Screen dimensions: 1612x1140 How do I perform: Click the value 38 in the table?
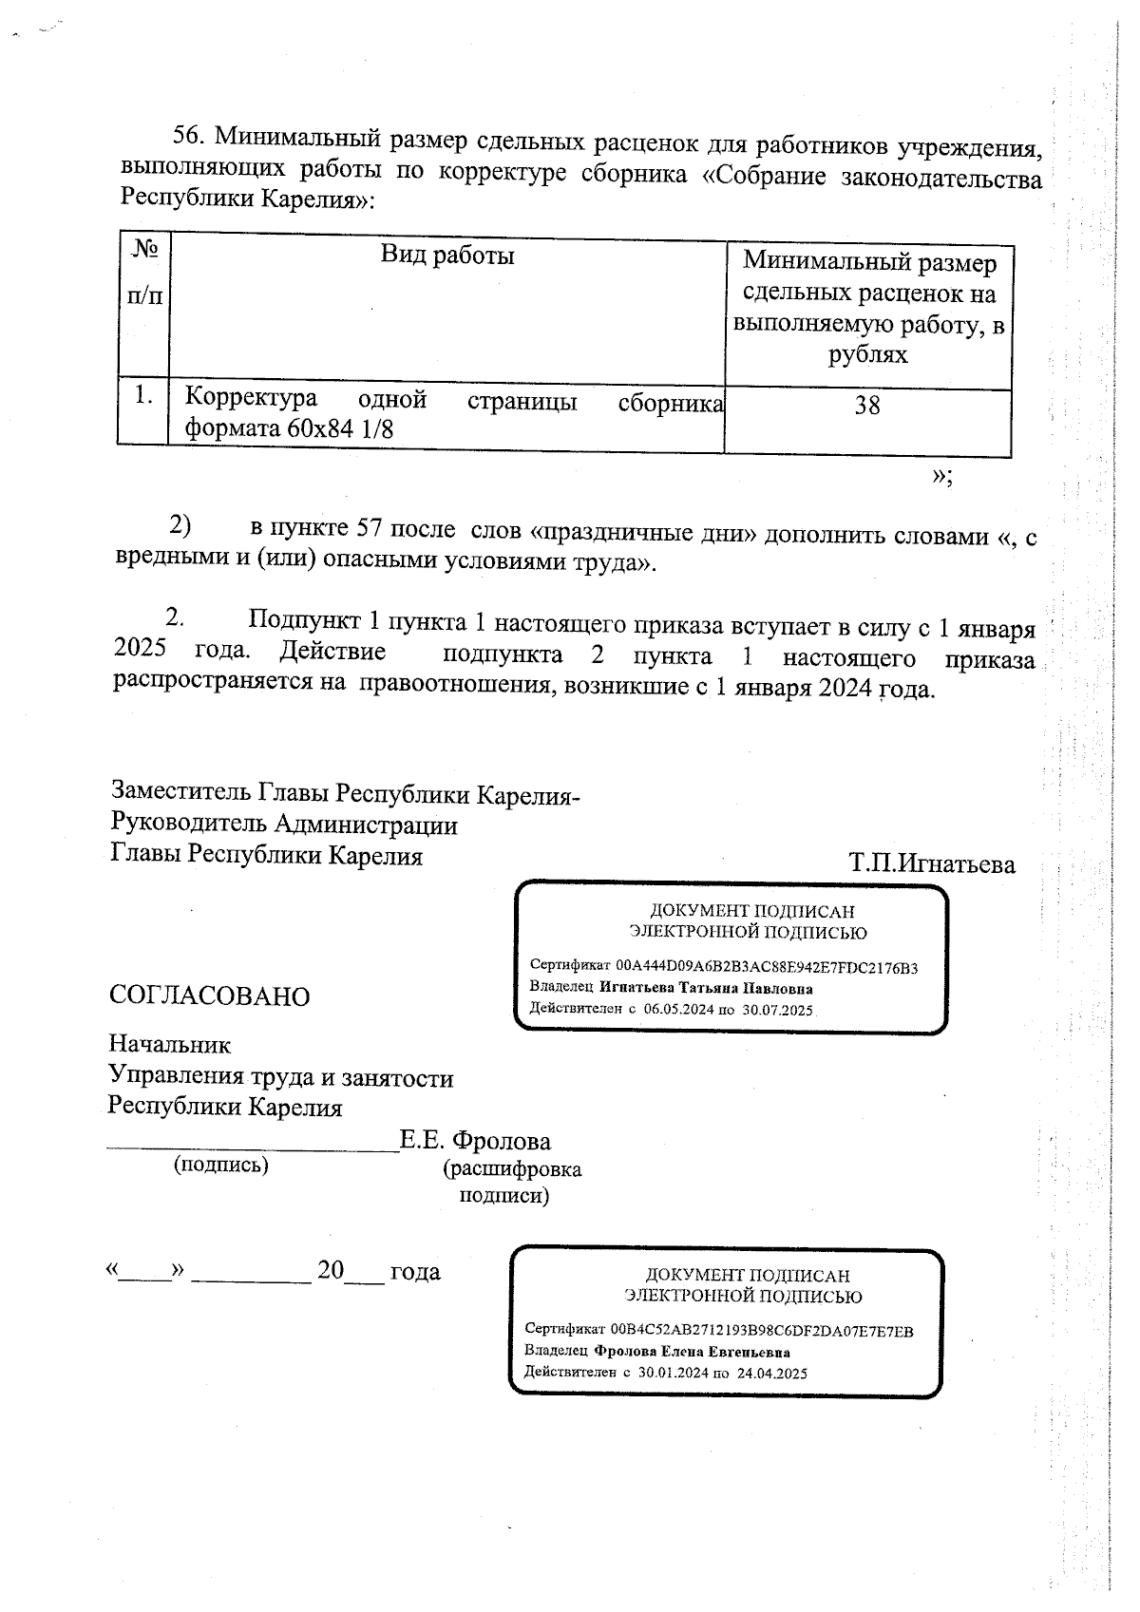[866, 406]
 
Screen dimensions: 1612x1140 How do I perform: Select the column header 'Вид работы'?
[447, 255]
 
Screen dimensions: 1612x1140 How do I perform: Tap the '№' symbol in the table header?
[144, 250]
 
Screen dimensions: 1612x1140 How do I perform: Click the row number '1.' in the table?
[143, 396]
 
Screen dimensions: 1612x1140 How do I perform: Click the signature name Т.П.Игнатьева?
[932, 864]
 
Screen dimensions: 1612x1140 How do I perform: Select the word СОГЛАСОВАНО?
[209, 996]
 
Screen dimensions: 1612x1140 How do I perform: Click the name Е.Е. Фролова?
[475, 1141]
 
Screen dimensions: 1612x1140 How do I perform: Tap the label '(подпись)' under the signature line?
[220, 1165]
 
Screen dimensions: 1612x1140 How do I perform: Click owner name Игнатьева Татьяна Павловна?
[706, 989]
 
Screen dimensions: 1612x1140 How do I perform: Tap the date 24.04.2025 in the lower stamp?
[771, 1374]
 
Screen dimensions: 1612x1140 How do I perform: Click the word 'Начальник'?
[170, 1045]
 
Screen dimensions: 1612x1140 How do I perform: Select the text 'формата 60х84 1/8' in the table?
[289, 429]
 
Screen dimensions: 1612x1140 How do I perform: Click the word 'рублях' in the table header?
[868, 355]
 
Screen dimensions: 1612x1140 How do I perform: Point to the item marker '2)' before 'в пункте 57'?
[180, 525]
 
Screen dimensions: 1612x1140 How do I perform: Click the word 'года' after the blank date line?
[415, 1271]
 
